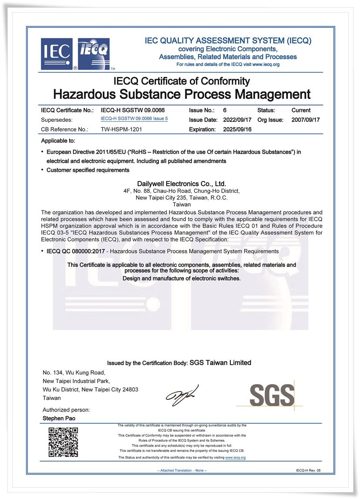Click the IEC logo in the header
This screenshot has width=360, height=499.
(57, 54)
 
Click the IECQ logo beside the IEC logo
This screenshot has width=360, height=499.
(94, 54)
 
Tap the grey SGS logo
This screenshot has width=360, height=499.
(272, 395)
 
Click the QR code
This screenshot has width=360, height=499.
(63, 442)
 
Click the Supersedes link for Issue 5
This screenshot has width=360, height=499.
(134, 119)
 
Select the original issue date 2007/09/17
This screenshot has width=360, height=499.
(306, 120)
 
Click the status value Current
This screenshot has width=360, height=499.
(301, 111)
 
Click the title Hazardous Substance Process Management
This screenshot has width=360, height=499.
(182, 94)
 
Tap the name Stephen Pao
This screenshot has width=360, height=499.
(55, 419)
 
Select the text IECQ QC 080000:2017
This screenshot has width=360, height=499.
(71, 251)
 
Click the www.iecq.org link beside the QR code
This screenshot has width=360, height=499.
(236, 458)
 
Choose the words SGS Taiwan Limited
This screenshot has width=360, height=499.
(220, 362)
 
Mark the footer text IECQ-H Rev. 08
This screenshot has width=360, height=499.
(308, 470)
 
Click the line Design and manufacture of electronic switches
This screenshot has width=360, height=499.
(182, 278)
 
